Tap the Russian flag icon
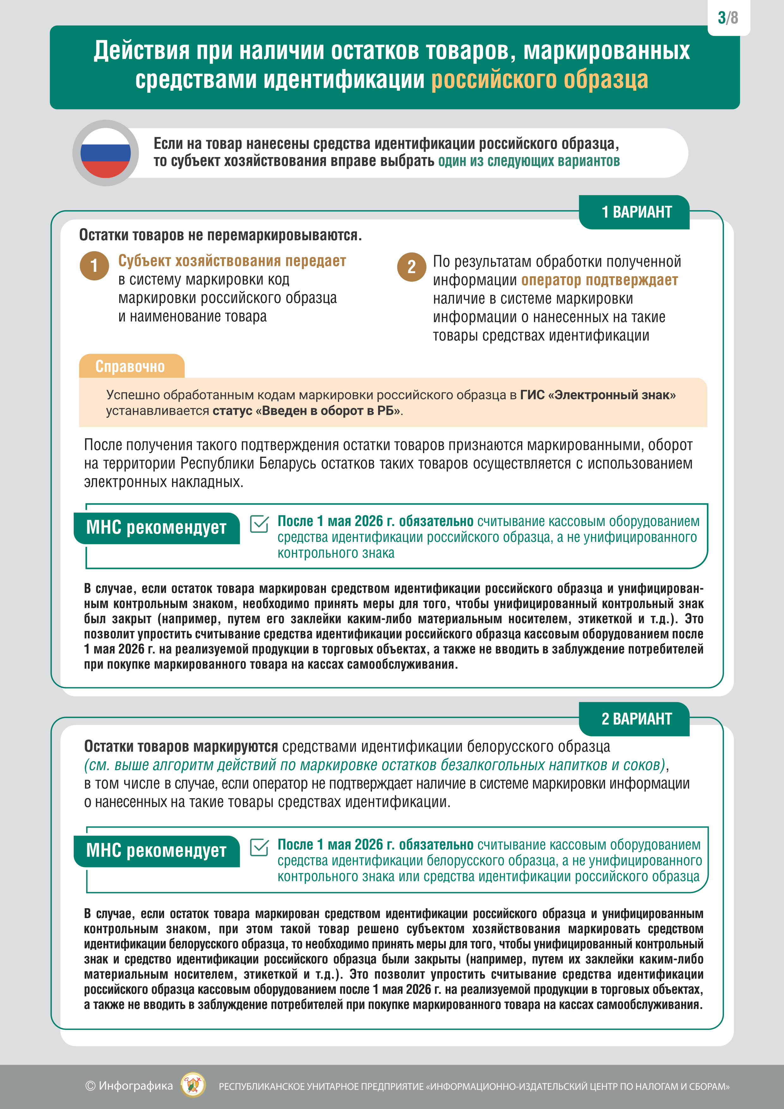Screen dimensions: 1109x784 pyautogui.click(x=105, y=153)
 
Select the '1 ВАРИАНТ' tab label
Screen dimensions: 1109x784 pyautogui.click(x=636, y=212)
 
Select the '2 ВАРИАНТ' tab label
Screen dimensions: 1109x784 pyautogui.click(x=636, y=719)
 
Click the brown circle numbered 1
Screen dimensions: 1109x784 pyautogui.click(x=94, y=266)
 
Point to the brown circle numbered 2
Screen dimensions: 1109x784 pyautogui.click(x=412, y=267)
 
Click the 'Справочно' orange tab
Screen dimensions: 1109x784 pyautogui.click(x=131, y=366)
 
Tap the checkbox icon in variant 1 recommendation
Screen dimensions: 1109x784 pyautogui.click(x=260, y=524)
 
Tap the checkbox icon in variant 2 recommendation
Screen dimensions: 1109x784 pyautogui.click(x=260, y=847)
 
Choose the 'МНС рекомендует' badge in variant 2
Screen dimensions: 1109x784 pyautogui.click(x=156, y=851)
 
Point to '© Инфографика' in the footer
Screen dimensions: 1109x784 pyautogui.click(x=129, y=1086)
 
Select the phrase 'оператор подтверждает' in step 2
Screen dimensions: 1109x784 pyautogui.click(x=599, y=280)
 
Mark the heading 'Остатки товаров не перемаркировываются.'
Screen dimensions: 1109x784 pyautogui.click(x=220, y=235)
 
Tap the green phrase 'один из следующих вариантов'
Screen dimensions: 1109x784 pyautogui.click(x=529, y=161)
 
